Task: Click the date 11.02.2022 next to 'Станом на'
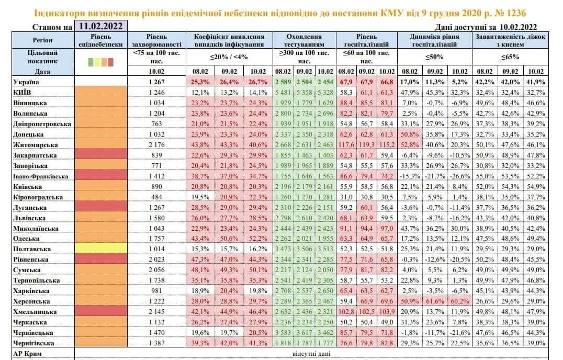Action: (x=101, y=26)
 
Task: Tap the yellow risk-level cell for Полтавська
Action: (x=101, y=249)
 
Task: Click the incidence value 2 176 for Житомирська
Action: (x=157, y=145)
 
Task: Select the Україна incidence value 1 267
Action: (x=157, y=82)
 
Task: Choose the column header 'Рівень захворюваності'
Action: (x=157, y=41)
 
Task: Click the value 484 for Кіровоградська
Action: (x=157, y=197)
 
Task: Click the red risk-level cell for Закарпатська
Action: (x=101, y=155)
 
